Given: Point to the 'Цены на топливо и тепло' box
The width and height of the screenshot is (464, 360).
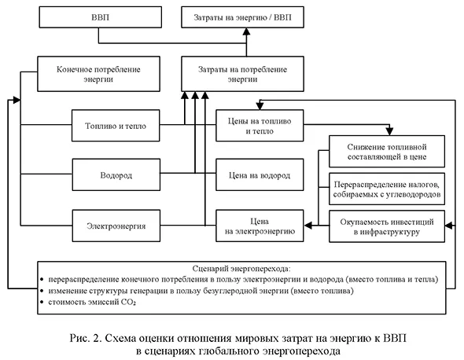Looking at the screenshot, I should click(256, 125).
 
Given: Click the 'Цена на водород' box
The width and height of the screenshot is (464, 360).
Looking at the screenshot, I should click(256, 174).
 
